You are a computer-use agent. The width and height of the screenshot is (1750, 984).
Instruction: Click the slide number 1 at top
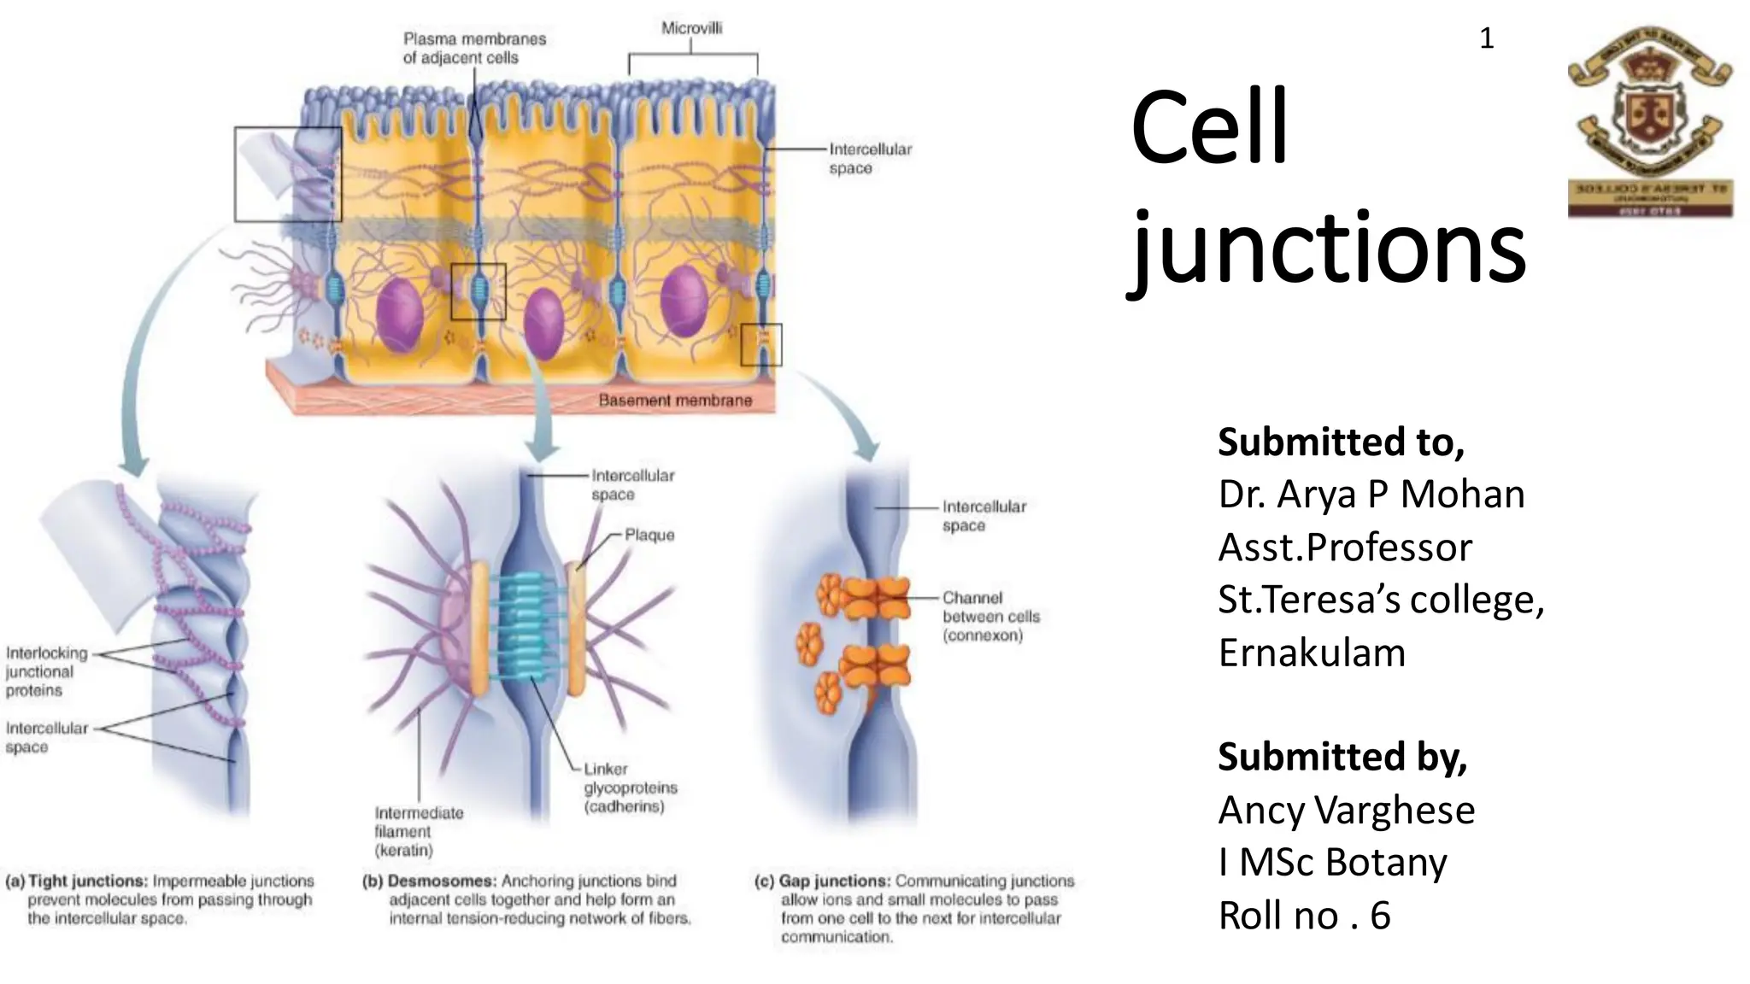pos(1486,38)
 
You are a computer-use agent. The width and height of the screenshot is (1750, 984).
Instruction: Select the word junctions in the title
pos(1329,249)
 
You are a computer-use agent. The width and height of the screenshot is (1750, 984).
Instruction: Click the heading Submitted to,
pos(1341,442)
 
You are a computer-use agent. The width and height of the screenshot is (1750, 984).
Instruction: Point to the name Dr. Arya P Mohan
pos(1371,495)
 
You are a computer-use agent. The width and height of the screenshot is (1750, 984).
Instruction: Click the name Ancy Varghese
pos(1346,810)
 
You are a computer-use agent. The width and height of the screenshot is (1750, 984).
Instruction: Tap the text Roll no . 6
pos(1304,916)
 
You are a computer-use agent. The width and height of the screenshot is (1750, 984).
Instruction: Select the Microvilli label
pos(691,28)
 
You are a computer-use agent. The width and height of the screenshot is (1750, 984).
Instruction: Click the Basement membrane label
pos(675,400)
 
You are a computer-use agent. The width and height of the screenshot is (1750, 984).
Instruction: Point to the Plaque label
pos(649,535)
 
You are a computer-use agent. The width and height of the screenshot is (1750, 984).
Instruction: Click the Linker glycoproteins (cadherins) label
pos(630,788)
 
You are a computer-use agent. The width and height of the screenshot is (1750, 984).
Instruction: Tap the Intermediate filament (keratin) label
pos(418,831)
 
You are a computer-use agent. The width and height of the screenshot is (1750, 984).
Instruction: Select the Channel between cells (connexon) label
pos(990,617)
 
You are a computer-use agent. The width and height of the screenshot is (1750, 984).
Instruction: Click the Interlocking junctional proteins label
pos(46,671)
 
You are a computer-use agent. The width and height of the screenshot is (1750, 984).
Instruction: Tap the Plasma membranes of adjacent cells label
pos(473,48)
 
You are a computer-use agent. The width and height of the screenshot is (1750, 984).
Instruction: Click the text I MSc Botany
pos(1332,863)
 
